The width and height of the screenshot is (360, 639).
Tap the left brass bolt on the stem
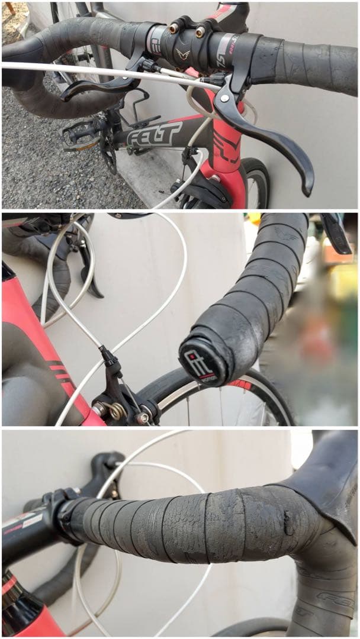click(x=175, y=28)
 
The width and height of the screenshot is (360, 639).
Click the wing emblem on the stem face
click(x=182, y=55)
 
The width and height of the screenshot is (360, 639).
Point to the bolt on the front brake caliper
click(x=143, y=418)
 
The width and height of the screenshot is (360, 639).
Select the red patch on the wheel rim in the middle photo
click(x=241, y=385)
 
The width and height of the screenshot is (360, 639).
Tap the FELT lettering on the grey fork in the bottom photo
click(x=329, y=598)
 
